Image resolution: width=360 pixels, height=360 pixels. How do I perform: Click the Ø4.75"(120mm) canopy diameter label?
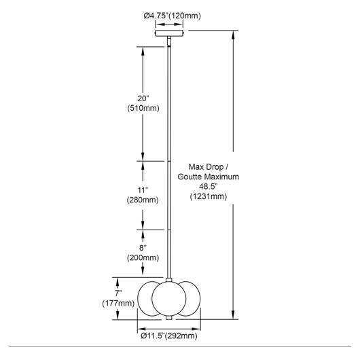point(173,16)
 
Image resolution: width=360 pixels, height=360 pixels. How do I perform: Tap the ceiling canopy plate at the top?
point(169,33)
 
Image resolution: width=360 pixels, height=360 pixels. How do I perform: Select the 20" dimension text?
point(143,98)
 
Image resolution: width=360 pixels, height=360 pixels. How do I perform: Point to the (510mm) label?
point(143,108)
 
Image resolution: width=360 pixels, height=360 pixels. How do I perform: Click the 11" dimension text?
point(143,190)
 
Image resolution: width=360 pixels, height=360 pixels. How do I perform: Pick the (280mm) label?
point(143,200)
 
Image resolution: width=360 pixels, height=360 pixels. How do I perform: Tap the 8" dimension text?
point(143,248)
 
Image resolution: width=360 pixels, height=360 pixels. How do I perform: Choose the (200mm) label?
point(143,257)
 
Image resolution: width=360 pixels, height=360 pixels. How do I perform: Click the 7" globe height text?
point(118,293)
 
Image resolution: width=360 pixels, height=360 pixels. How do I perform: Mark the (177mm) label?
point(118,304)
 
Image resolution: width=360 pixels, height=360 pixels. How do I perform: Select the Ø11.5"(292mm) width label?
point(169,336)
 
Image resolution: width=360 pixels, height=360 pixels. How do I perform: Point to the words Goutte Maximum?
point(209,177)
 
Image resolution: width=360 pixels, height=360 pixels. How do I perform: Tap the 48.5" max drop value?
point(208,186)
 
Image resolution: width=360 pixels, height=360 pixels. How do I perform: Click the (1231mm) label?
point(209,196)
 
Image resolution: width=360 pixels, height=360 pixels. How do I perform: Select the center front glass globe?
point(169,298)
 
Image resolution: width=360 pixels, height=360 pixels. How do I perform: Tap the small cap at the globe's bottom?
point(169,317)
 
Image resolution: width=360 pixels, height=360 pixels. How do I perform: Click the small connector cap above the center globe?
point(169,280)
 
